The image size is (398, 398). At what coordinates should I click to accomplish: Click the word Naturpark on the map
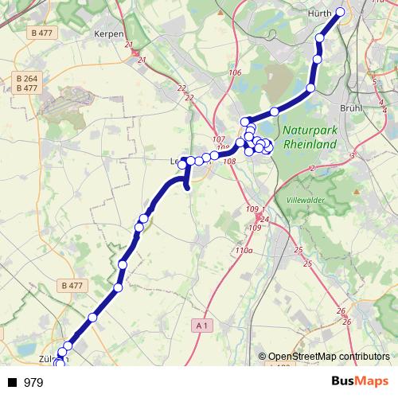pos(309,131)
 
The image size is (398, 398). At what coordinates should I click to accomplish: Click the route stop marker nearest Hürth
pos(341,12)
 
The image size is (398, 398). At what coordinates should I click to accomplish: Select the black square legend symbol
pos(12,383)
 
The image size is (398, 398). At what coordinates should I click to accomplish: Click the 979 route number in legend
pos(33,383)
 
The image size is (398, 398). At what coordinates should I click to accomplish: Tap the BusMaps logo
pos(360,382)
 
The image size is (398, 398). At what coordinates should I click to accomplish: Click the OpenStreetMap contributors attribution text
pos(328,357)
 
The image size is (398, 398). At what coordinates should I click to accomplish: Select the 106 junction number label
pos(234,73)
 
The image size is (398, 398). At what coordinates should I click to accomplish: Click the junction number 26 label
pos(341,310)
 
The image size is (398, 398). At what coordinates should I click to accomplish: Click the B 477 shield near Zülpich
pos(72,284)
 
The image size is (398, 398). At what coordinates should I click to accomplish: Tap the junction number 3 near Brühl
pos(351,155)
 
